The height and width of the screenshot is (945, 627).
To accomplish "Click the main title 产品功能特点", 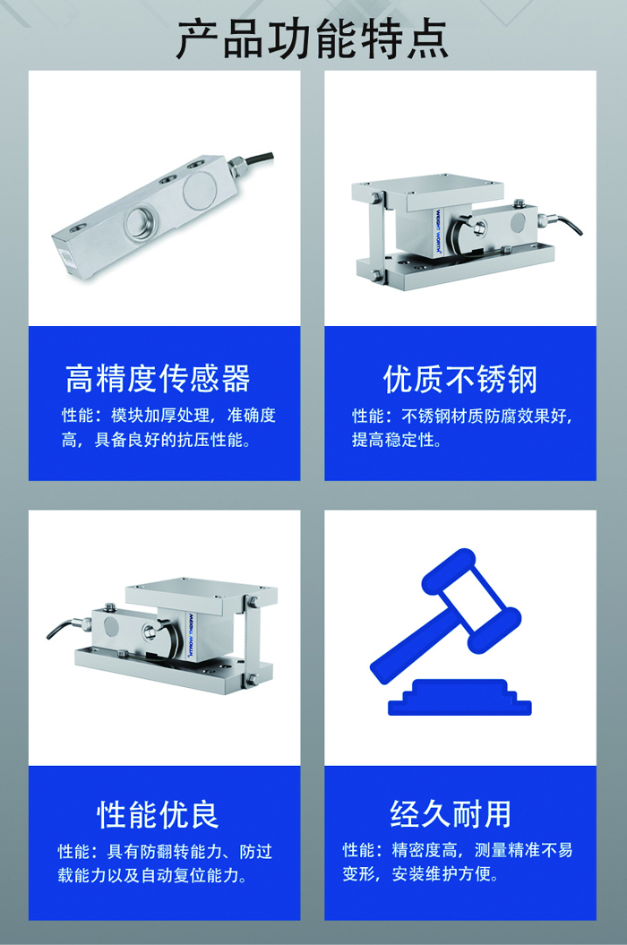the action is pos(313,39).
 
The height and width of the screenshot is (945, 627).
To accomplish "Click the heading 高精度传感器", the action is pos(158,379).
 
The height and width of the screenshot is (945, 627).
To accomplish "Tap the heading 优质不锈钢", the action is pos(460,379).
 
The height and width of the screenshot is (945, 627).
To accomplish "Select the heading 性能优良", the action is pos(158,814).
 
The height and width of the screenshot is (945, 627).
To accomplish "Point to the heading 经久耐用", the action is pos(451,814).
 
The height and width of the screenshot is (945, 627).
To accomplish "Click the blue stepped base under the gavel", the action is pos(460,698).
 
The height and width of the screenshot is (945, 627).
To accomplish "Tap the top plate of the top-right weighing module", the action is pos(427,189).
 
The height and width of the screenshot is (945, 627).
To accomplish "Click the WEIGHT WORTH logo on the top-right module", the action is pos(438,231).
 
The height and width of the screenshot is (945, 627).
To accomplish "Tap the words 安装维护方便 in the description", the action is pos(442,874).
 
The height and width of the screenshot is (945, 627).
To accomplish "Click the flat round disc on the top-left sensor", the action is pos(198,189).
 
